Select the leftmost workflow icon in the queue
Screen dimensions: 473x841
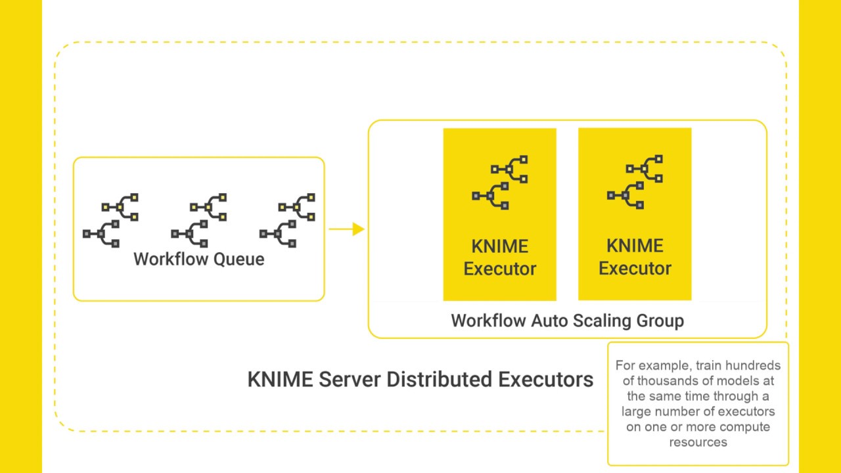[110, 220]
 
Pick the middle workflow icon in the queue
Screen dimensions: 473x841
[198, 220]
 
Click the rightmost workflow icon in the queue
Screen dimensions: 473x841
[287, 220]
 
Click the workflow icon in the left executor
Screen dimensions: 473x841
[499, 182]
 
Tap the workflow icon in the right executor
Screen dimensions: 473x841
[635, 182]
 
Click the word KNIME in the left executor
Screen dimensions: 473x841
[499, 246]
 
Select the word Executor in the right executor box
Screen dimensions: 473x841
[635, 269]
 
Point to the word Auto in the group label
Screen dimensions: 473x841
[549, 321]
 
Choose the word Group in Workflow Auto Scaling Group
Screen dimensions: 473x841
[660, 321]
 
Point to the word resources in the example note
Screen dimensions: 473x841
[698, 442]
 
